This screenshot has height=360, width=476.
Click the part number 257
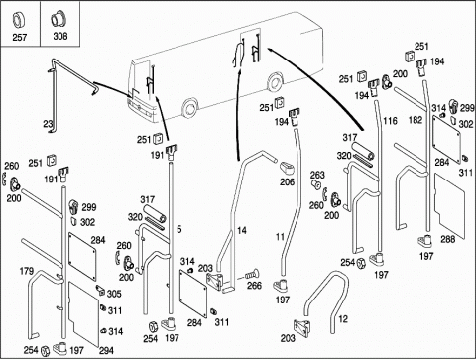coord(20,37)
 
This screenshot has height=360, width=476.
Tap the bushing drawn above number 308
coord(59,19)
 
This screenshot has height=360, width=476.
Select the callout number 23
coord(49,124)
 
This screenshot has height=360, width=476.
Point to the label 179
coord(27,271)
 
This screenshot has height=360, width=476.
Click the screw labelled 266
coord(252,274)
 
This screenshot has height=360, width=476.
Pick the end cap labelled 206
coord(287,168)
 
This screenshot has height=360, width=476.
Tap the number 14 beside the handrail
coord(242,230)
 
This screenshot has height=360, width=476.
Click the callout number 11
coord(280,237)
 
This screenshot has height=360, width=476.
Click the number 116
coord(390,121)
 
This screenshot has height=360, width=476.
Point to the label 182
coord(416,120)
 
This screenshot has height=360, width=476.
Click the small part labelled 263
coord(316,184)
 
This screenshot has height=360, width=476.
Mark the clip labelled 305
coord(100,289)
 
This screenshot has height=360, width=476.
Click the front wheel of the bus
coord(189,108)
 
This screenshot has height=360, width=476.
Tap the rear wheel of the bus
coord(274,83)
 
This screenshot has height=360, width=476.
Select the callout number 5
coord(178,229)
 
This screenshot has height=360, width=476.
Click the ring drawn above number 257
coord(18,20)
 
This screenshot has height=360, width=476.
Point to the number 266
coord(254,286)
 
